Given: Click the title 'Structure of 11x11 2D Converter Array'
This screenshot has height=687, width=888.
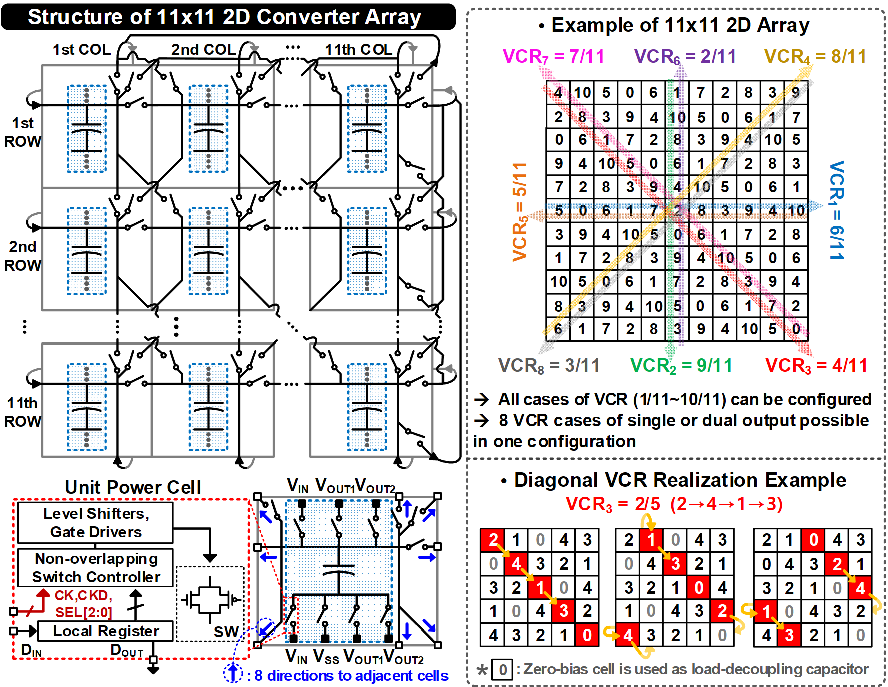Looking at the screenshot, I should point(224,17).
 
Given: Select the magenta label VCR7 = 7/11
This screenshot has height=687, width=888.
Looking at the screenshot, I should point(553,56).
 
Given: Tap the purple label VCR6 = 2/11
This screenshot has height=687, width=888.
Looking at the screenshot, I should point(685,56).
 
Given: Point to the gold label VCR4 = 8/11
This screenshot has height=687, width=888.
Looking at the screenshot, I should point(815,56).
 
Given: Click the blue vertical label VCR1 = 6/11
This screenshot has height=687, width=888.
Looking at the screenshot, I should point(836,210).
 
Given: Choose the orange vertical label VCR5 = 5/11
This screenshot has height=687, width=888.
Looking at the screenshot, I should point(520,212).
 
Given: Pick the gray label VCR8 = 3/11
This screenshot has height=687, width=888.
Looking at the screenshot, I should point(549,366).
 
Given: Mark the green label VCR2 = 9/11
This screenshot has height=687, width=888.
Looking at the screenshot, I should point(681,366).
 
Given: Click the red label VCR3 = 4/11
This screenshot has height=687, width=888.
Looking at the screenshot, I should point(816,366).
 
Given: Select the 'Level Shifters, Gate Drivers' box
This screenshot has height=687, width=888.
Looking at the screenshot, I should point(95,523).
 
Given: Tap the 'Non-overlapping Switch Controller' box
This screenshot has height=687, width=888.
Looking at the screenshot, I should point(95,568).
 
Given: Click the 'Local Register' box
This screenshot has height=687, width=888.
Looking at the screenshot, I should point(106,631).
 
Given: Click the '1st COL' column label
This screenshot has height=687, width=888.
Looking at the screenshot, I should point(82,50).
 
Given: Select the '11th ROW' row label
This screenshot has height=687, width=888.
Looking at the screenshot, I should point(22,412).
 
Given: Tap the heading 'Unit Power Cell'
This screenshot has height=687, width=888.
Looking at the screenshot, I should point(133,487).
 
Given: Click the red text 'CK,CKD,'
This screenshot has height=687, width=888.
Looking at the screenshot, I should point(83,595).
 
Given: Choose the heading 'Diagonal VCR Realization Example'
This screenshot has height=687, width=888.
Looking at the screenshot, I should point(680,480).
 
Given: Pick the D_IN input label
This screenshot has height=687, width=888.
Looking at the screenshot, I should point(31,650).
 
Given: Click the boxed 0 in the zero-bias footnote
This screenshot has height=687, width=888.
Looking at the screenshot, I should point(502,670).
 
